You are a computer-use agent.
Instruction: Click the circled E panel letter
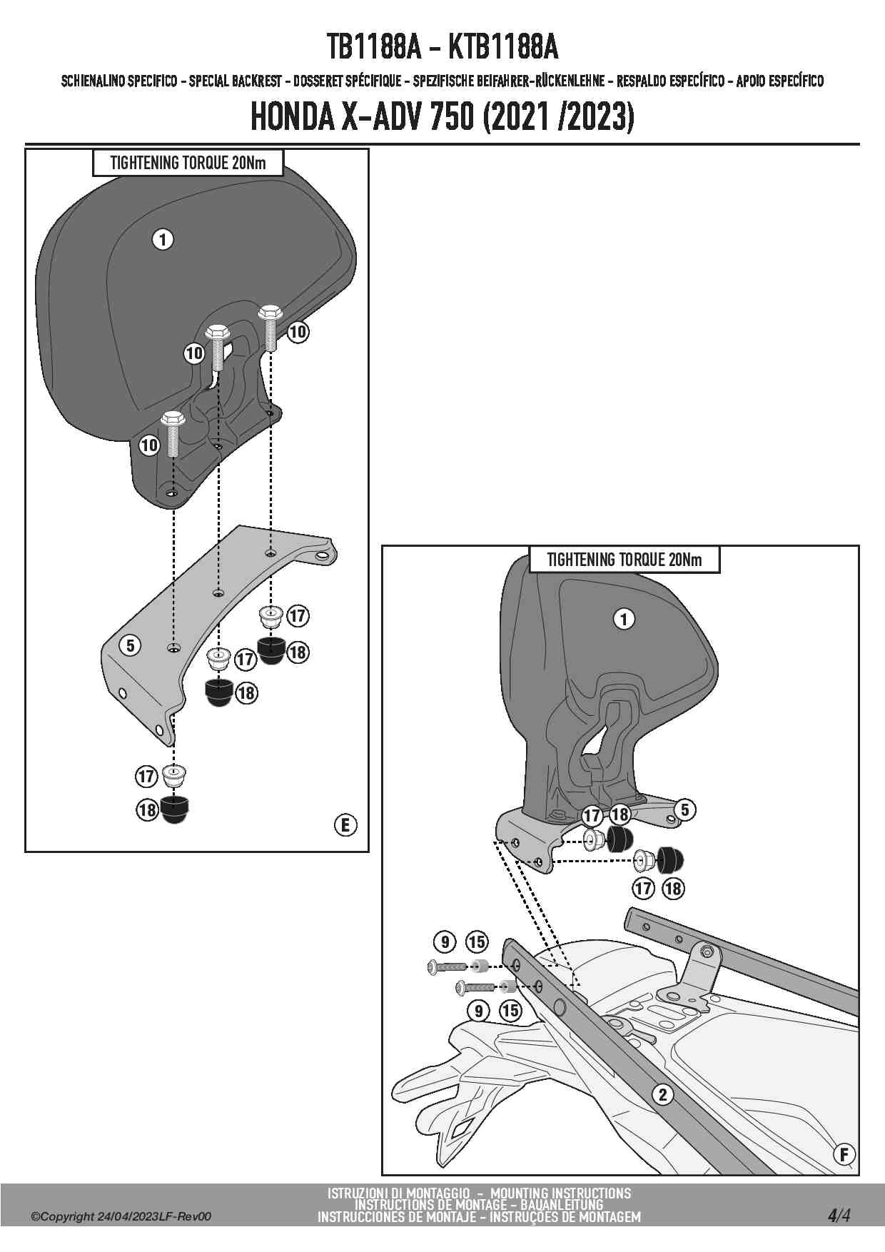pyautogui.click(x=345, y=825)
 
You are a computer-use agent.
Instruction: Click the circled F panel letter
pyautogui.click(x=844, y=1154)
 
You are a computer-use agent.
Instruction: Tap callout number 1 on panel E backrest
pyautogui.click(x=163, y=239)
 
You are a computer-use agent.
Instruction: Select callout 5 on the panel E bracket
pyautogui.click(x=130, y=646)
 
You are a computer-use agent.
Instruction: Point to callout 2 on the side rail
pyautogui.click(x=663, y=1094)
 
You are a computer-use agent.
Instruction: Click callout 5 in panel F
pyautogui.click(x=684, y=809)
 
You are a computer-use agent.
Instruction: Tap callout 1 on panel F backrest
pyautogui.click(x=624, y=619)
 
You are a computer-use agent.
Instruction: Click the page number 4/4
pyautogui.click(x=839, y=1215)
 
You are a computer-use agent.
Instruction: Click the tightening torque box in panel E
pyautogui.click(x=188, y=163)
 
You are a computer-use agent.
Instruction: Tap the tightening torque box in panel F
pyautogui.click(x=624, y=560)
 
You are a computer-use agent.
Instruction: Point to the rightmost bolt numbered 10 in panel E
pyautogui.click(x=269, y=327)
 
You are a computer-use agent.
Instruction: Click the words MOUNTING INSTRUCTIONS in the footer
pyautogui.click(x=560, y=1193)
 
